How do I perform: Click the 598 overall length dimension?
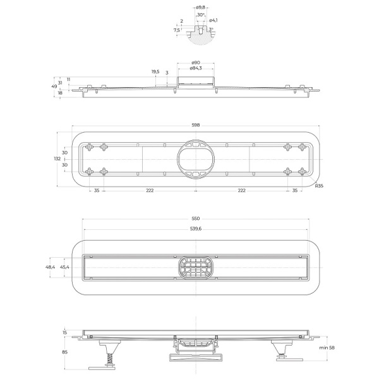(196, 125)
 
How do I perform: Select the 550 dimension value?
(196, 219)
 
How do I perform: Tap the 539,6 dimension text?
(196, 230)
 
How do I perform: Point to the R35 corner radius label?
(320, 186)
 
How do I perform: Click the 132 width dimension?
(57, 159)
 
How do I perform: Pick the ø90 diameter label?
(196, 62)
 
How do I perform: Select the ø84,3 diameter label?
(196, 68)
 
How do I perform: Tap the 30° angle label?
(200, 15)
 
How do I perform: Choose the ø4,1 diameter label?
(214, 21)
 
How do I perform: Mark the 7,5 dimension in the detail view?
(176, 29)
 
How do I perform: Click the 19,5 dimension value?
(155, 71)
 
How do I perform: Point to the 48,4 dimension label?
(51, 267)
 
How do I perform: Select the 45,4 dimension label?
(64, 267)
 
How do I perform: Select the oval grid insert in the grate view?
(196, 267)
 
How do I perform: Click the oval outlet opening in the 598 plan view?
(196, 159)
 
